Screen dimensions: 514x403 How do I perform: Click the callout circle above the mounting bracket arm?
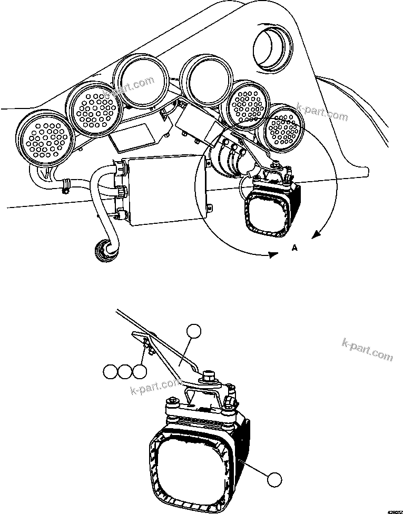194,331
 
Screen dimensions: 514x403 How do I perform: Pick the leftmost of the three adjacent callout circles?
110,371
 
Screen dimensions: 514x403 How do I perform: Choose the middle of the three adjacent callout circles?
125,371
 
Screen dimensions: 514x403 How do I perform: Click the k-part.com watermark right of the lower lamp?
367,349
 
